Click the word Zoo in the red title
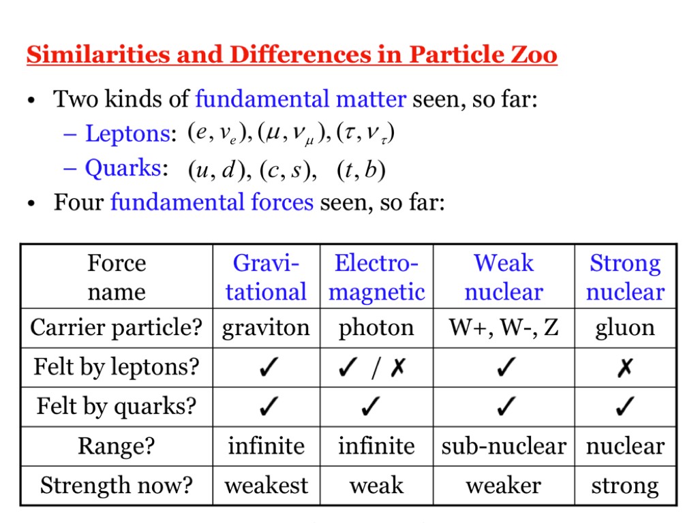click(533, 54)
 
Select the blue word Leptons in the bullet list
click(127, 134)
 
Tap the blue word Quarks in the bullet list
click(123, 169)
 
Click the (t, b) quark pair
click(361, 170)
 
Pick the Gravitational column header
click(266, 277)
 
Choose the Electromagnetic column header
click(376, 277)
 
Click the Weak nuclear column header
click(504, 277)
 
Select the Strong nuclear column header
click(625, 277)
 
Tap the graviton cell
click(266, 328)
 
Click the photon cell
click(376, 328)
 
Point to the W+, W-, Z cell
click(504, 328)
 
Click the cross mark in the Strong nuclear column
click(625, 367)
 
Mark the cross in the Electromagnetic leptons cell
click(398, 367)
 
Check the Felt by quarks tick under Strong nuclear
click(625, 406)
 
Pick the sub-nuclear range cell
click(504, 446)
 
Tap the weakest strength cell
click(267, 485)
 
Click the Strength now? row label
click(116, 486)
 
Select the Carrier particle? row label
click(116, 328)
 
